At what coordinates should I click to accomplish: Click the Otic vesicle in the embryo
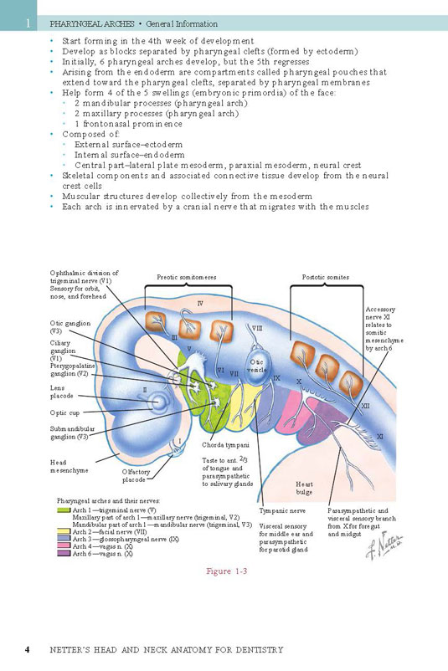pos(258,366)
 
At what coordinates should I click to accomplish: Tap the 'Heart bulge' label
pos(304,488)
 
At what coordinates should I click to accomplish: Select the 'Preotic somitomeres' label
pos(186,277)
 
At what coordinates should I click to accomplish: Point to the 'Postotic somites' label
pos(326,277)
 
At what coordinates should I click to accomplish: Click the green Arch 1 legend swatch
pos(64,510)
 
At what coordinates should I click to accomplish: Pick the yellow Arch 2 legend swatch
pos(64,532)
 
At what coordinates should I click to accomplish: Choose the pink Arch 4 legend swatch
pos(64,546)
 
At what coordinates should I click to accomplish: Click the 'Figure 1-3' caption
pos(227,571)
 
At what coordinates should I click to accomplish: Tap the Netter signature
pos(384,546)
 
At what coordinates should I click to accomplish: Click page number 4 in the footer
pos(28,649)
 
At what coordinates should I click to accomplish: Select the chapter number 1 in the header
pos(28,23)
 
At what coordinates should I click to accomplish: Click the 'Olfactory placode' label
pos(136,476)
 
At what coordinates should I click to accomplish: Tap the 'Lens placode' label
pos(62,392)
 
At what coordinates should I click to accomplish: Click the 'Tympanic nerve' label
pos(282,511)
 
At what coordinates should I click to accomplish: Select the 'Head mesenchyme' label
pos(69,467)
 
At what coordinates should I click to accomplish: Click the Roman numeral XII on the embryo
pos(365,406)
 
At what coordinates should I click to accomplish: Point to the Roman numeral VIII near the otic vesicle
pos(257,328)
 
